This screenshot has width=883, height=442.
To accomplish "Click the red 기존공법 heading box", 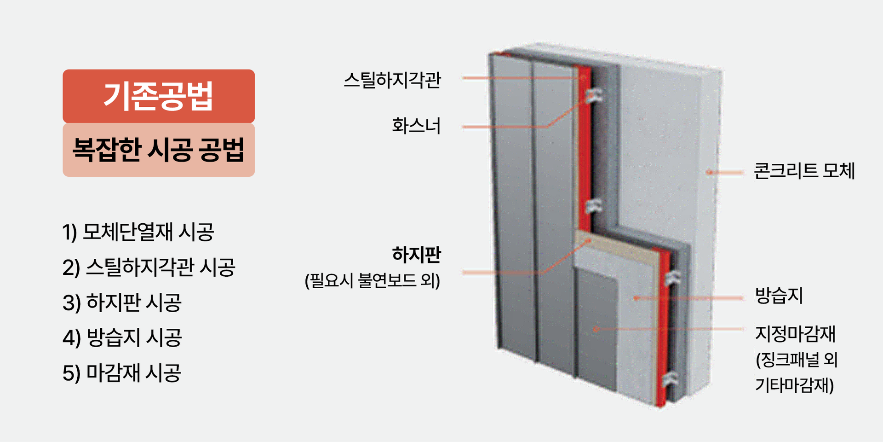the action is pyautogui.click(x=159, y=96).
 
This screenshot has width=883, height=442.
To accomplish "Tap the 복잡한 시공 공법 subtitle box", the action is pyautogui.click(x=159, y=150).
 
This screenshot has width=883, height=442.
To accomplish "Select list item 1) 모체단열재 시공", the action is pyautogui.click(x=138, y=232).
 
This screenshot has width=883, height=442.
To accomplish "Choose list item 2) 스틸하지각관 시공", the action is pyautogui.click(x=149, y=267).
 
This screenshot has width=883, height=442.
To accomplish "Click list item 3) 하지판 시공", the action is pyautogui.click(x=122, y=302).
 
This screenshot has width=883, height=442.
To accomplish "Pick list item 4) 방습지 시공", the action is pyautogui.click(x=122, y=337).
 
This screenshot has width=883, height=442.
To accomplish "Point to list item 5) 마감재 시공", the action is pyautogui.click(x=122, y=373).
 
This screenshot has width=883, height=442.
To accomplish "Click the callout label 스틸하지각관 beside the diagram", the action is pyautogui.click(x=392, y=80).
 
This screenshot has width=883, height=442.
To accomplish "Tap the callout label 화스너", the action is pyautogui.click(x=416, y=126).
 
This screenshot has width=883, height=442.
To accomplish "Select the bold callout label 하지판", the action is pyautogui.click(x=416, y=255).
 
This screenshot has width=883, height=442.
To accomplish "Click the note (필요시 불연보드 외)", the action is pyautogui.click(x=373, y=280).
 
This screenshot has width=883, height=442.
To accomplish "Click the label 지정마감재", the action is pyautogui.click(x=795, y=334).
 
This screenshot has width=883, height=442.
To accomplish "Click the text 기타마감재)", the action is pyautogui.click(x=794, y=385).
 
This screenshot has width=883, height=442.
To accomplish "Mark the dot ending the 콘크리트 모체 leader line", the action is pyautogui.click(x=709, y=173).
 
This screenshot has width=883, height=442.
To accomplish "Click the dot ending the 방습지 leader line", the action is pyautogui.click(x=636, y=298).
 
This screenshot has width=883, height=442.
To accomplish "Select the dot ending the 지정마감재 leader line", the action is pyautogui.click(x=596, y=329).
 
